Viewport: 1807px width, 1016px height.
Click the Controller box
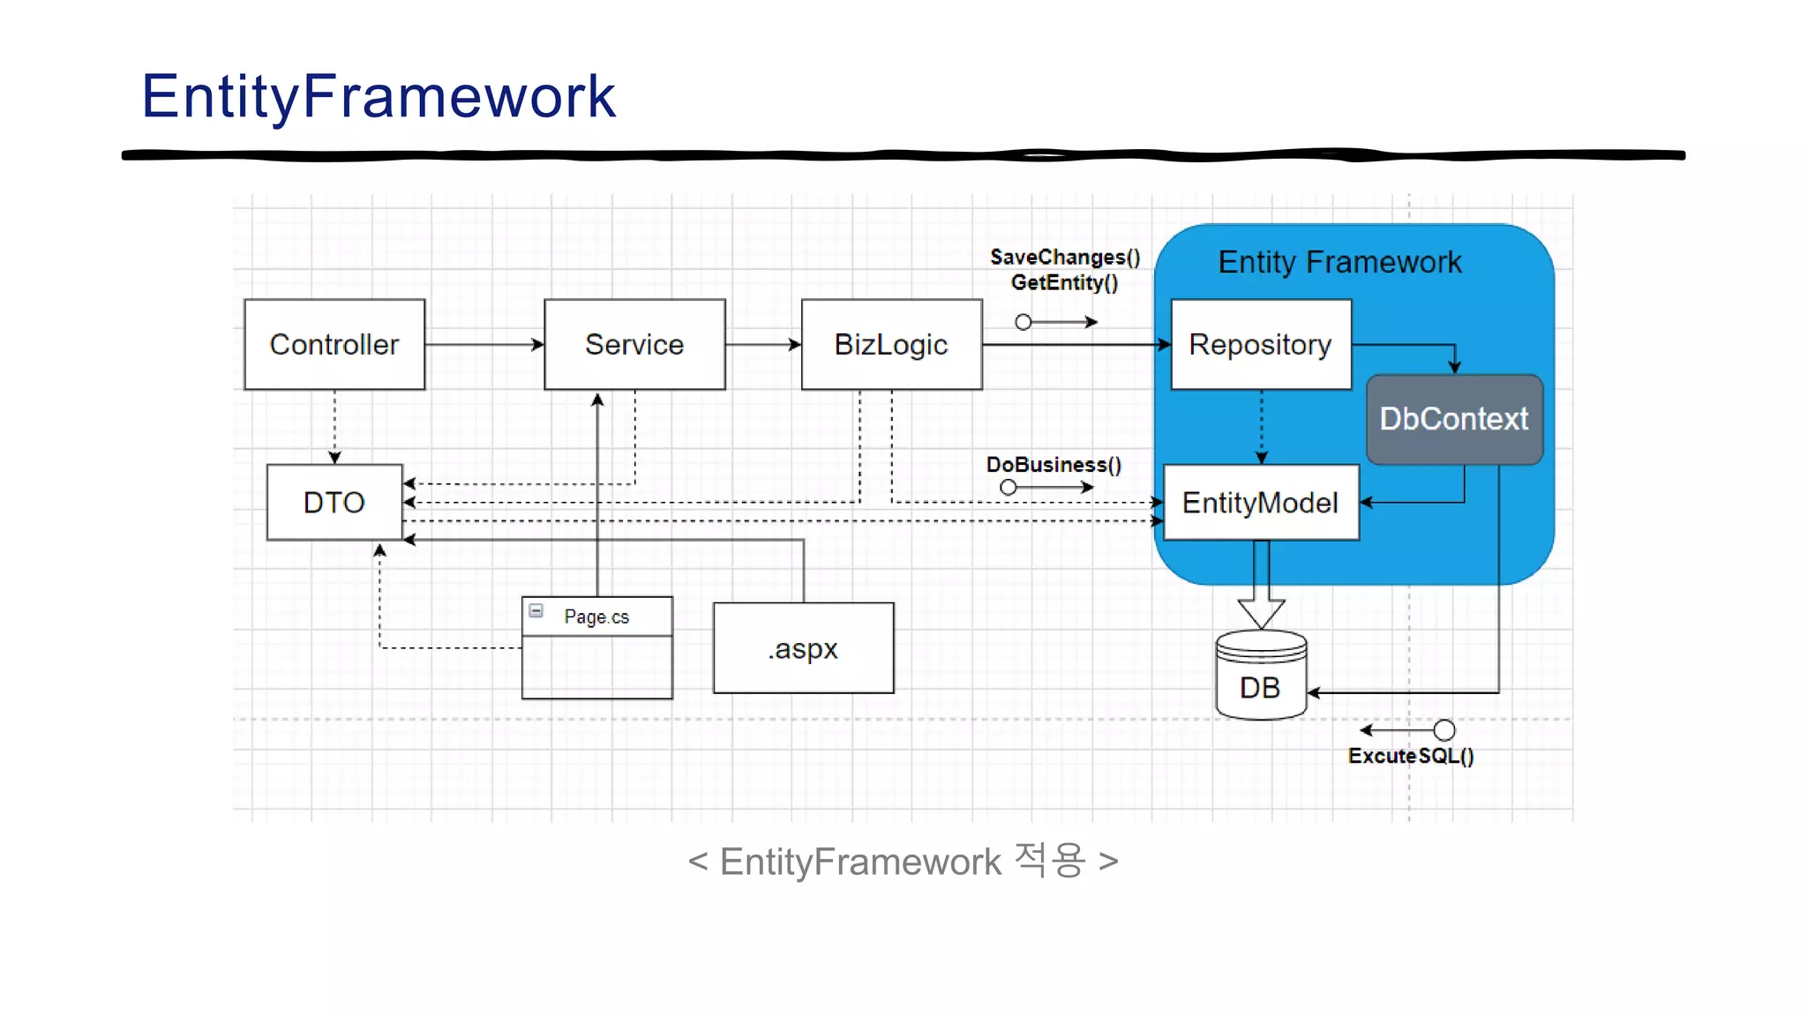(x=334, y=345)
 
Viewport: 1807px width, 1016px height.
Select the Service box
(x=634, y=345)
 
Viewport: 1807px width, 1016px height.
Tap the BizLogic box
(x=891, y=345)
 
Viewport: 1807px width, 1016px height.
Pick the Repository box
(x=1261, y=345)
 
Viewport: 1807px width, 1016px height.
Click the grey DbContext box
(x=1454, y=419)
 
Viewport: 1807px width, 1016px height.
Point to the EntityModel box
(x=1261, y=503)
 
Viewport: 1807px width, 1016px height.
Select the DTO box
(x=334, y=503)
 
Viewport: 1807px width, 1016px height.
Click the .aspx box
(x=803, y=648)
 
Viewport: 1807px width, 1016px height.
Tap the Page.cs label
(x=596, y=616)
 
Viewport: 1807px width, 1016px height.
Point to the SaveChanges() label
(x=1065, y=258)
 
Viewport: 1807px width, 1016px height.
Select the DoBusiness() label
(x=1053, y=465)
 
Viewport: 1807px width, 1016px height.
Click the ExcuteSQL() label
(x=1411, y=756)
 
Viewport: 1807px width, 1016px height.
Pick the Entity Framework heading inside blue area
(x=1339, y=262)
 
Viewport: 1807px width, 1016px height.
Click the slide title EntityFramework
(x=379, y=96)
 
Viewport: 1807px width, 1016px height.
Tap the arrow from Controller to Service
(x=484, y=345)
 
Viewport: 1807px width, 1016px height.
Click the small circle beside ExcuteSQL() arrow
(x=1443, y=730)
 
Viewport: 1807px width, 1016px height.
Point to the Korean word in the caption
(x=1050, y=860)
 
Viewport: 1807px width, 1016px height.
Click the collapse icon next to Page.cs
(x=536, y=610)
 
